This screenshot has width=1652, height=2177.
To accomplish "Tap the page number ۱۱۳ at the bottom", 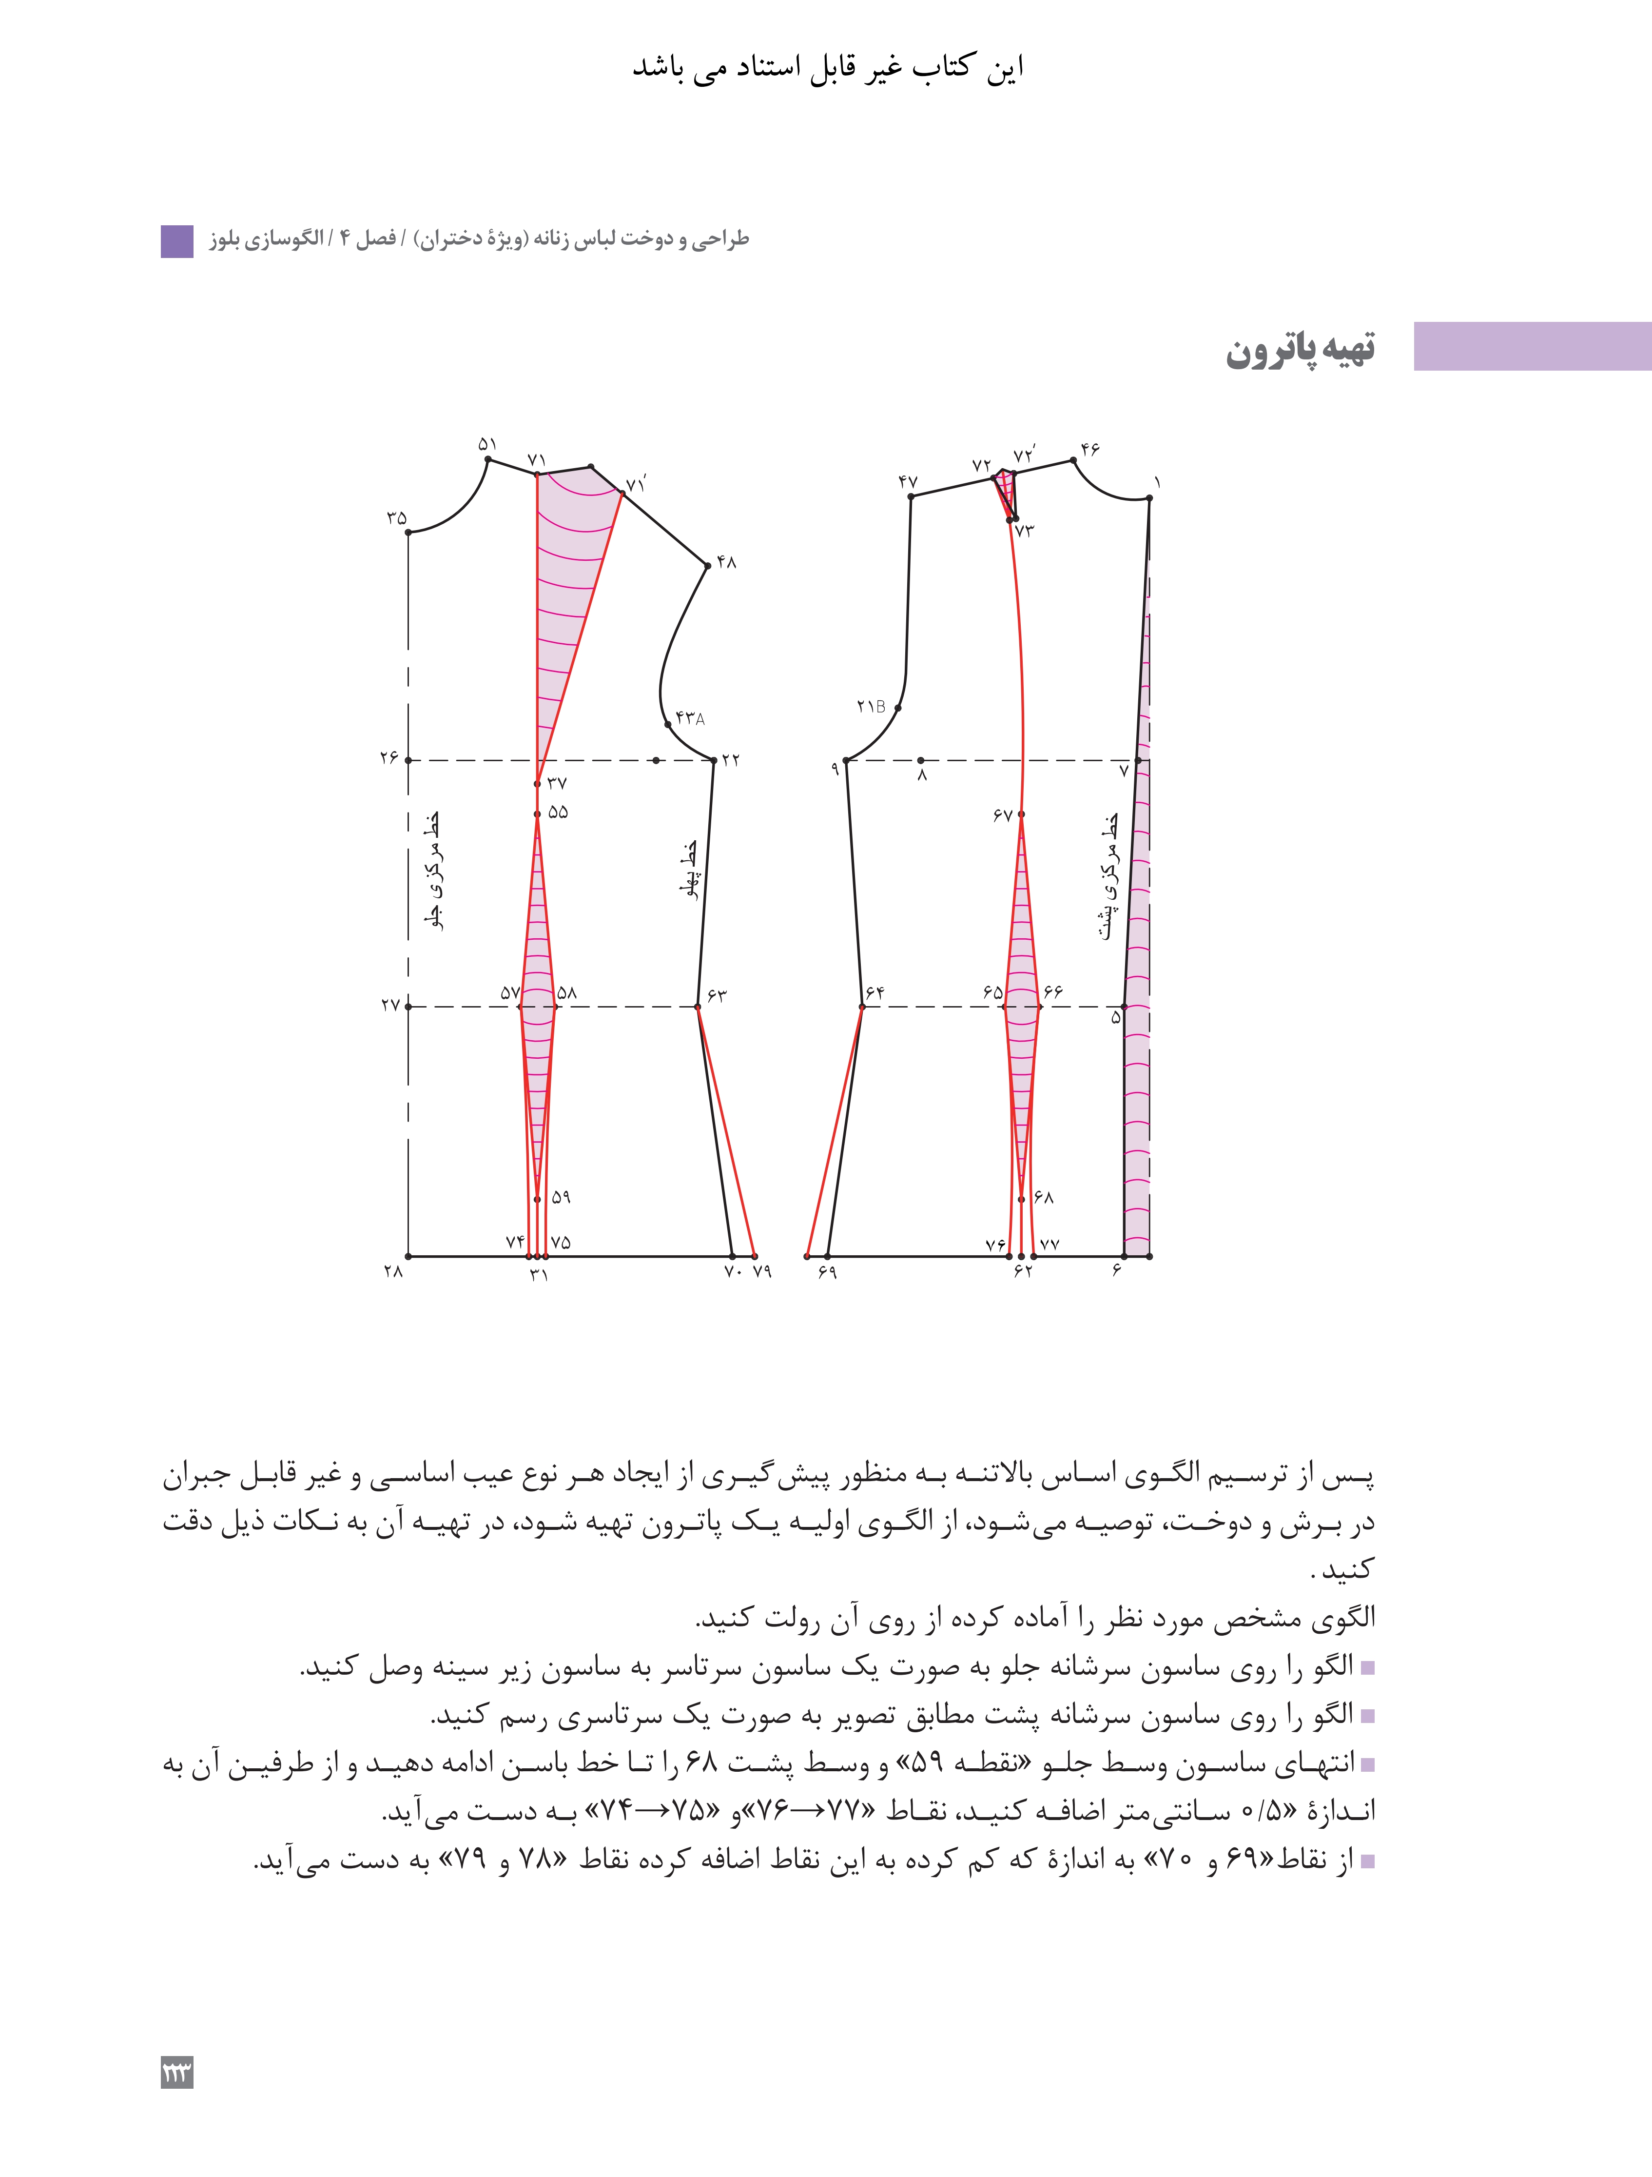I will (177, 2073).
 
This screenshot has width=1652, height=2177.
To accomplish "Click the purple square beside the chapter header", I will (177, 241).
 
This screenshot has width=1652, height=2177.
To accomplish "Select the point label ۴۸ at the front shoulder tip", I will (726, 562).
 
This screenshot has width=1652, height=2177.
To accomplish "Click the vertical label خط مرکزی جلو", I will (431, 871).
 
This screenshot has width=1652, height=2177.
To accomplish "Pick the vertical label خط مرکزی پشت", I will (1109, 876).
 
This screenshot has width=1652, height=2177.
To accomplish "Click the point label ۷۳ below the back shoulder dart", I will (1024, 531).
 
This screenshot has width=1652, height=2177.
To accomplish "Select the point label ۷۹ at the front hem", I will (761, 1271).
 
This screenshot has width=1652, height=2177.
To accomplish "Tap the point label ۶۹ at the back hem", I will (827, 1272).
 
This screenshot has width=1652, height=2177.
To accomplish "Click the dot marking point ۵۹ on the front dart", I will (537, 1200).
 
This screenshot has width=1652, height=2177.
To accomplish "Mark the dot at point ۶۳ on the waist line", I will (698, 1007).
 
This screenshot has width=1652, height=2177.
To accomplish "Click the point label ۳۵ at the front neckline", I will (396, 518).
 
